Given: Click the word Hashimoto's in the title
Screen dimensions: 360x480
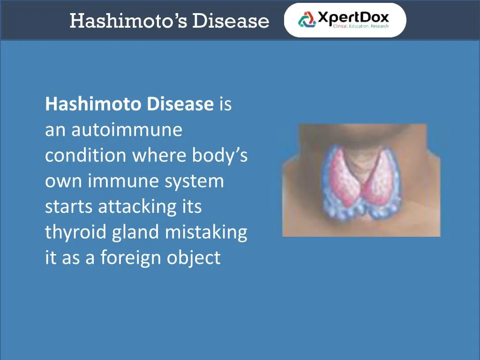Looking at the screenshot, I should click(x=128, y=21).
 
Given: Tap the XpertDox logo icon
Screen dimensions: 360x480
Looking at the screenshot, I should click(x=307, y=20).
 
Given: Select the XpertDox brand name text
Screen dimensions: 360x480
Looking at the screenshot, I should click(x=353, y=17).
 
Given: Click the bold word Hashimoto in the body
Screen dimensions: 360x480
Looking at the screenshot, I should click(x=93, y=104).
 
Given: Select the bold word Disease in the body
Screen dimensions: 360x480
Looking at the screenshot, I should click(x=180, y=104).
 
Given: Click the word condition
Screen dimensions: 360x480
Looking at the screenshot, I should click(x=86, y=156).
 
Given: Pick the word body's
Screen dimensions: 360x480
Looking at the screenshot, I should click(x=220, y=156).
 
